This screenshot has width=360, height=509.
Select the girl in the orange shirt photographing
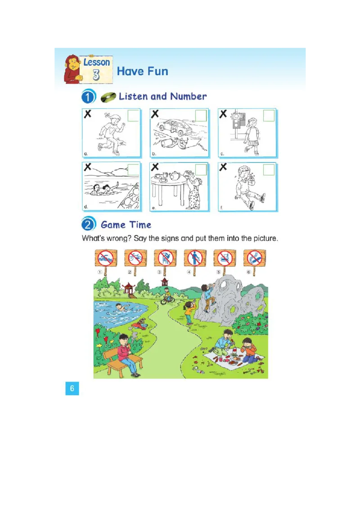pos(189,312)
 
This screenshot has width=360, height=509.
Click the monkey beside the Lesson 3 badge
pos(72,69)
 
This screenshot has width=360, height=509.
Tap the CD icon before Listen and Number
pos(108,97)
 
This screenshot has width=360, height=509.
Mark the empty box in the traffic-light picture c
pos(269,116)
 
